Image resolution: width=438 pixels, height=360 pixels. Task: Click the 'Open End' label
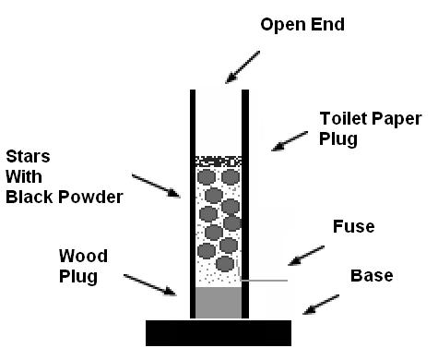pyautogui.click(x=302, y=25)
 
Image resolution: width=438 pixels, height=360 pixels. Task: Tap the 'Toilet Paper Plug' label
pyautogui.click(x=371, y=128)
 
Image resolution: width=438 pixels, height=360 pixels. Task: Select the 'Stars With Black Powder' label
pyautogui.click(x=65, y=177)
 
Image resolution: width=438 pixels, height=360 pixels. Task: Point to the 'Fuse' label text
pyautogui.click(x=354, y=226)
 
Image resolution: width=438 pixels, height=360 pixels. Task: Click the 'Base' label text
pyautogui.click(x=372, y=275)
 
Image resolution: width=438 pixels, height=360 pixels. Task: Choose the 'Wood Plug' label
pyautogui.click(x=83, y=266)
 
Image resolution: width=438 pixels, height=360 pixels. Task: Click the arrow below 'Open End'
pyautogui.click(x=243, y=67)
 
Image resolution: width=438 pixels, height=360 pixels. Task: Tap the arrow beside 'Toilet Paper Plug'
pyautogui.click(x=290, y=141)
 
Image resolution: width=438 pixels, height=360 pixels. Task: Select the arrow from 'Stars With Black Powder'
pyautogui.click(x=156, y=186)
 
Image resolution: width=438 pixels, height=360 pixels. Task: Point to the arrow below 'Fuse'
pyautogui.click(x=306, y=256)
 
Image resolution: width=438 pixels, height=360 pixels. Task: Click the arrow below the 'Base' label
pyautogui.click(x=321, y=305)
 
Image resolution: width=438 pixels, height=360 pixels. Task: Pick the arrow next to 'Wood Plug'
pyautogui.click(x=150, y=285)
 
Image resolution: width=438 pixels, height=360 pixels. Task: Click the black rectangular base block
pyautogui.click(x=219, y=333)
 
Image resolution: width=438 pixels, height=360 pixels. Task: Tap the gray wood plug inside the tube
pyautogui.click(x=219, y=303)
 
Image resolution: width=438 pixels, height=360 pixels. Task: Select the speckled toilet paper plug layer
pyautogui.click(x=219, y=162)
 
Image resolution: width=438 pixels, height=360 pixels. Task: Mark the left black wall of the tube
pyautogui.click(x=193, y=204)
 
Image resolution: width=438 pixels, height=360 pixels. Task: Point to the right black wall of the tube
pyautogui.click(x=245, y=204)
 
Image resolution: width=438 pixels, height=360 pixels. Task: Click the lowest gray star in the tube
pyautogui.click(x=225, y=264)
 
